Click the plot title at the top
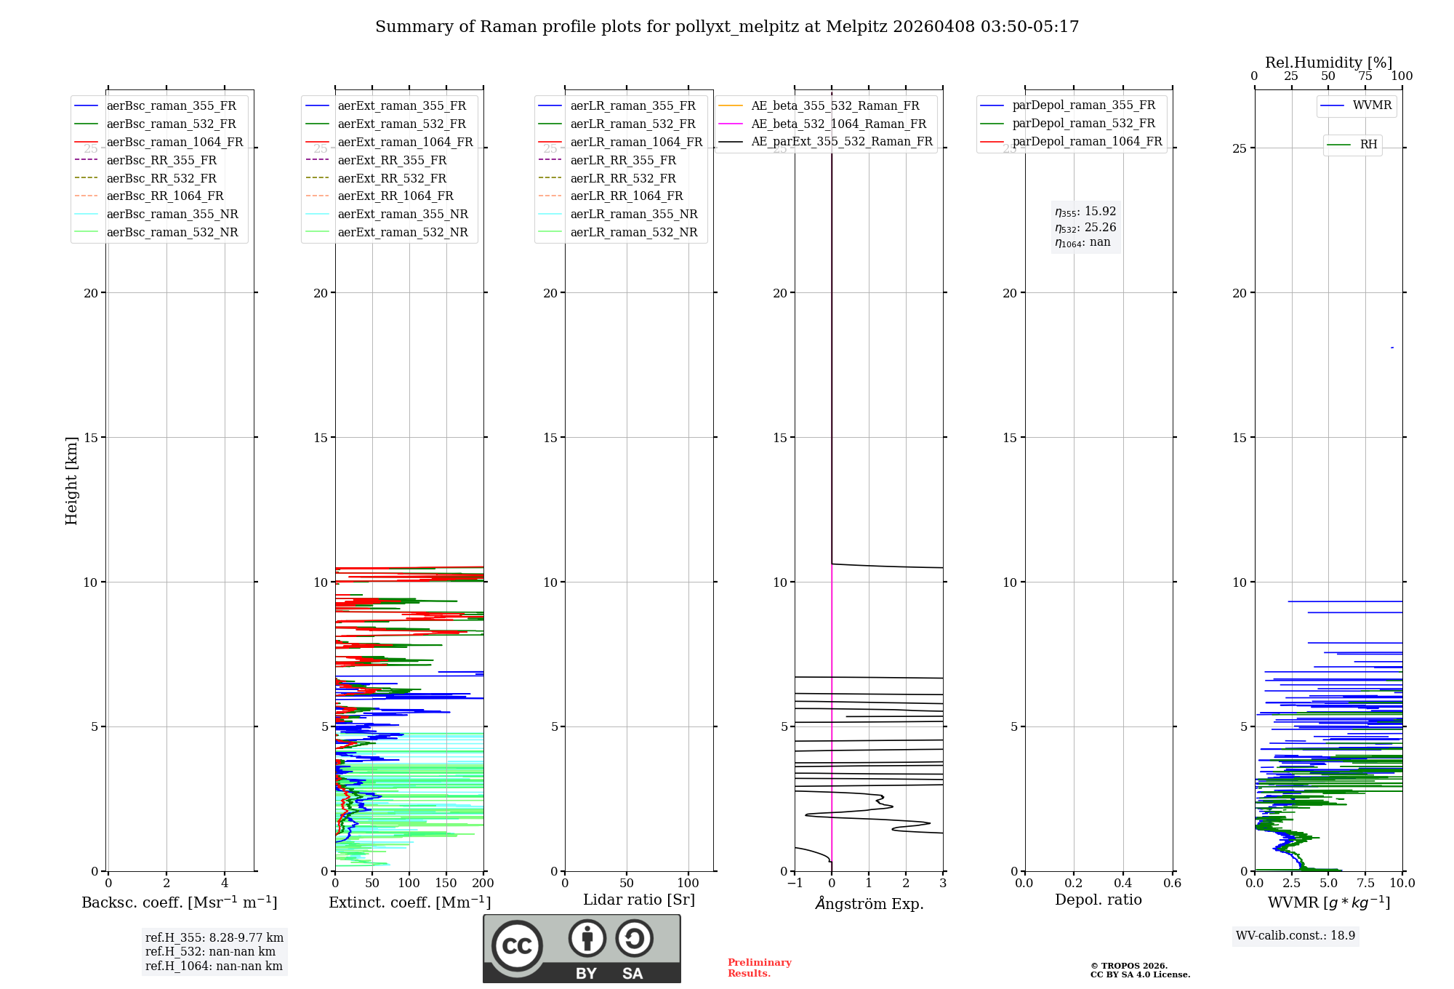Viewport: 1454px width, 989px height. tap(727, 27)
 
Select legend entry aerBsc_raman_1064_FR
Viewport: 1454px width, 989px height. tap(174, 143)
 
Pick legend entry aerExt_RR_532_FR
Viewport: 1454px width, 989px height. tap(392, 178)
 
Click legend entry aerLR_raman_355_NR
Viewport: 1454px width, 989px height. tap(633, 215)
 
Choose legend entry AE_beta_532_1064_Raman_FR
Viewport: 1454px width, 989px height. tap(838, 124)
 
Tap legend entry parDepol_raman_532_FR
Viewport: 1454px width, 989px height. tap(1083, 124)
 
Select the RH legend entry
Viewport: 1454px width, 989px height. tap(1368, 145)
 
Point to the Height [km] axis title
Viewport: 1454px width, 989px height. tap(71, 481)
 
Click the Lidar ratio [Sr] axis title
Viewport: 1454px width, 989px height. tap(639, 900)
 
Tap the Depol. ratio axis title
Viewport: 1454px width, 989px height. tap(1098, 900)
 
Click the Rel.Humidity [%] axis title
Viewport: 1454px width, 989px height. tap(1328, 63)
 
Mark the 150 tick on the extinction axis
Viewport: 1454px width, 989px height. tap(446, 884)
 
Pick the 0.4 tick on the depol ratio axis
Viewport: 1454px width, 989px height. tap(1122, 884)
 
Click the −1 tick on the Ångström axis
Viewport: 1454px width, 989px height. tap(795, 884)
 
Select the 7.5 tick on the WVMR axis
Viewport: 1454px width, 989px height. tap(1365, 884)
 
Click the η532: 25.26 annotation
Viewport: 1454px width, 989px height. tap(1085, 228)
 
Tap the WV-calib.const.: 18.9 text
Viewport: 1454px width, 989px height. tap(1295, 936)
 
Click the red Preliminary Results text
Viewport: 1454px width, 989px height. tap(759, 968)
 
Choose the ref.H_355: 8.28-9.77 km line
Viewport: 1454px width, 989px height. tap(214, 938)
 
